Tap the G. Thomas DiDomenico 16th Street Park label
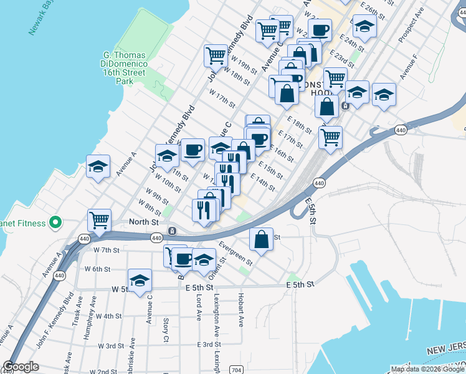123,67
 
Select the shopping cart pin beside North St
100,220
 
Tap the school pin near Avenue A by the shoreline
98,166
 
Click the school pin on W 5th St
140,280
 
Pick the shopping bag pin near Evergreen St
262,239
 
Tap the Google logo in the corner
21,367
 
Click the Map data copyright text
427,369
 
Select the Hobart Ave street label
240,310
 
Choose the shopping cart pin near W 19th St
216,55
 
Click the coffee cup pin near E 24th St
320,30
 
